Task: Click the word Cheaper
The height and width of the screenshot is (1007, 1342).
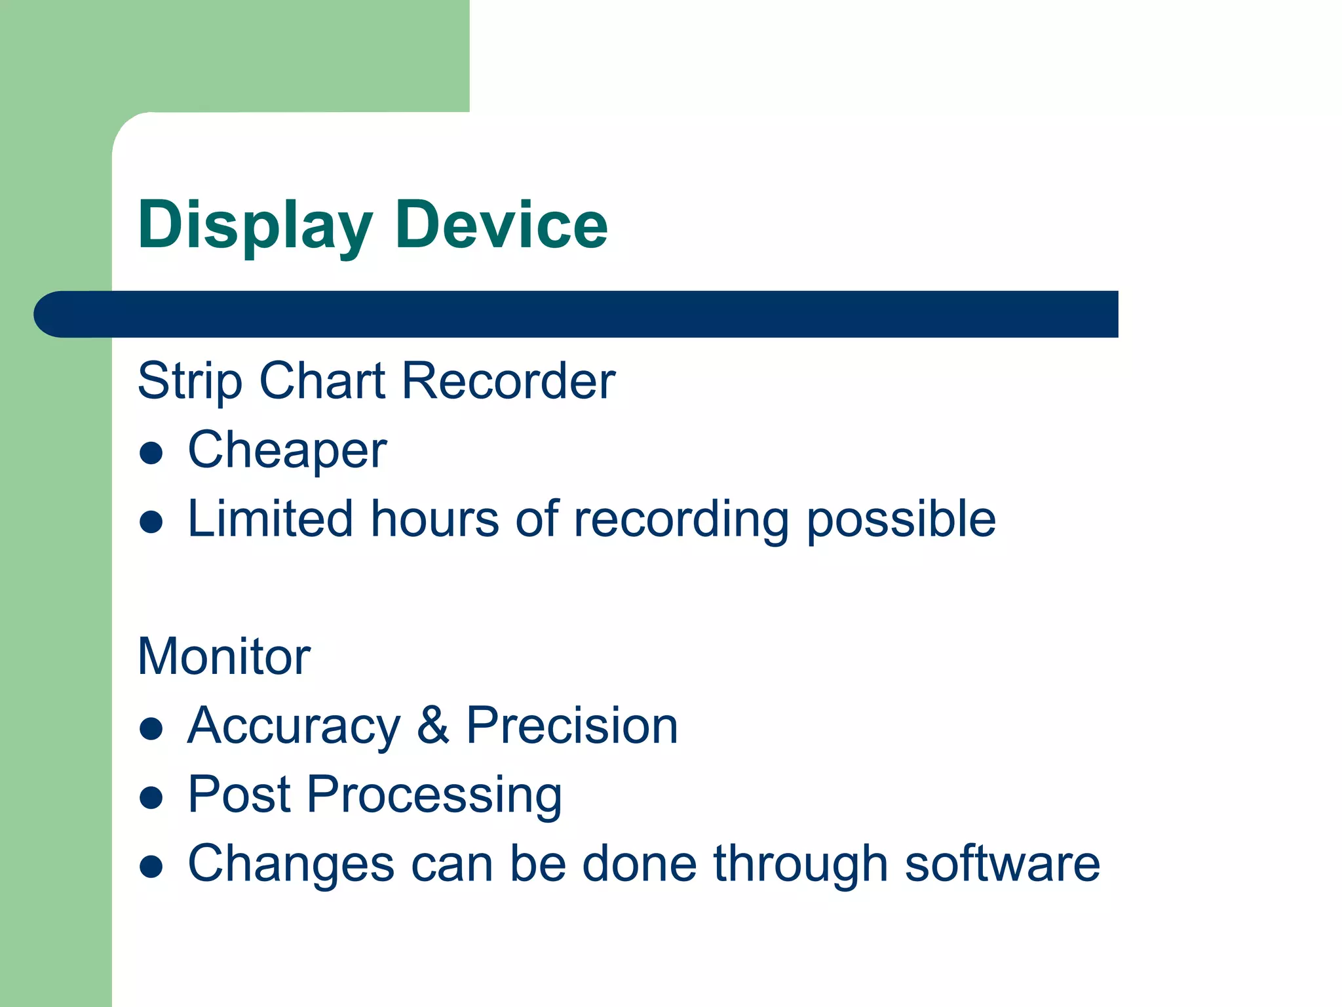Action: tap(287, 451)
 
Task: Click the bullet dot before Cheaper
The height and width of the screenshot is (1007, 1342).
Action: tap(151, 453)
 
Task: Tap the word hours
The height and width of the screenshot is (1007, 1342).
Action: tap(435, 519)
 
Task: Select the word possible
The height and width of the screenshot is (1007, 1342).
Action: tap(900, 519)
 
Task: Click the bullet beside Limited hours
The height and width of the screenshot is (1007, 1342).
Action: tap(151, 523)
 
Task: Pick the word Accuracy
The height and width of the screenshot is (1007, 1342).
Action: tap(294, 726)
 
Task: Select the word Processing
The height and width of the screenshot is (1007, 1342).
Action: tap(434, 796)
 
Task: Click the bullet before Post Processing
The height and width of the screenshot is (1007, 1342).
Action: tap(151, 798)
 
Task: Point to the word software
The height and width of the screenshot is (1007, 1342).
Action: tap(1002, 864)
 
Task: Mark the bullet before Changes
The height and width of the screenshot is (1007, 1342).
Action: tap(151, 867)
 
